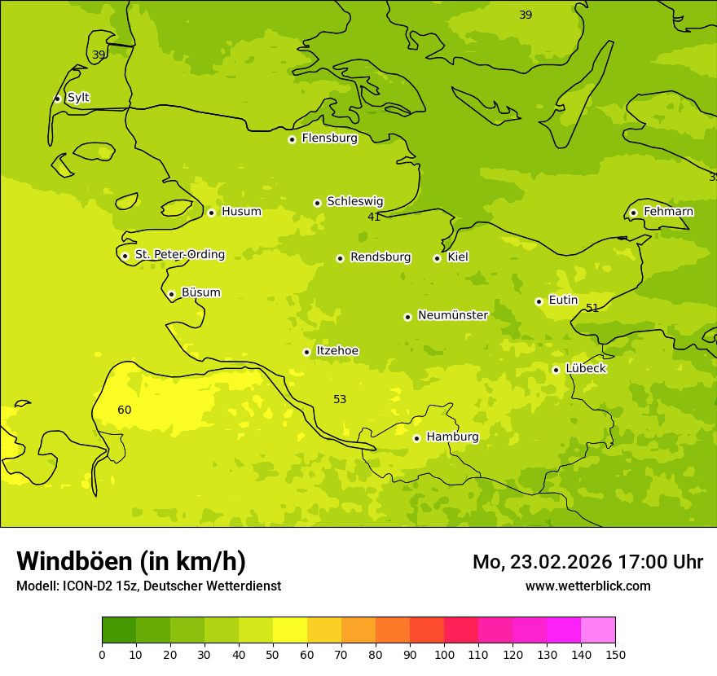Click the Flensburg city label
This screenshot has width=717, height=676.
(329, 138)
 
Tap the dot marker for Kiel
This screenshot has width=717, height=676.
(437, 258)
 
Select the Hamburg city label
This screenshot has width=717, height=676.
(452, 437)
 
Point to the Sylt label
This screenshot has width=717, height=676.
(78, 98)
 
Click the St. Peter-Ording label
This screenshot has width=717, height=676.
(180, 255)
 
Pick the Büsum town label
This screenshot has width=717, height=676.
(200, 293)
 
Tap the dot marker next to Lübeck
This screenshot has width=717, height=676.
(556, 370)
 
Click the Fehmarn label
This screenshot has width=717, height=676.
(668, 212)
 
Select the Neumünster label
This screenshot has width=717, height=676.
(453, 315)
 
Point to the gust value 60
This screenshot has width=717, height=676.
(125, 410)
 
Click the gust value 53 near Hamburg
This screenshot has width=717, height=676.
(340, 399)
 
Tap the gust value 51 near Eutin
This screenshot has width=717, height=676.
(592, 308)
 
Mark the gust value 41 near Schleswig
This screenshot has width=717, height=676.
(374, 217)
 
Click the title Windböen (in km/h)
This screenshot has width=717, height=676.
(131, 561)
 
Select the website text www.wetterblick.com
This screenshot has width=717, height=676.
(587, 586)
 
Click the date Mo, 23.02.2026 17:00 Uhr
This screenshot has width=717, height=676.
(587, 562)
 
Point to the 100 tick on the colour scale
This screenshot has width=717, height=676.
(444, 654)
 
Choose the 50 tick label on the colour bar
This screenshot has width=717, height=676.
(273, 654)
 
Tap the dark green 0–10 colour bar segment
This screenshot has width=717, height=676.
(119, 630)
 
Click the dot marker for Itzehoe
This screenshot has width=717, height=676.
(306, 353)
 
